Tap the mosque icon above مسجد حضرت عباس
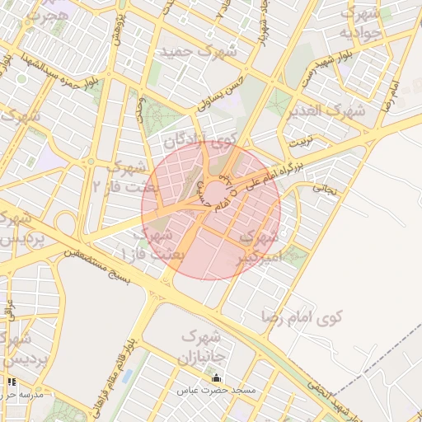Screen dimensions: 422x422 coord(217,379)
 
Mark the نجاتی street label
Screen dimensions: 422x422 coord(324,188)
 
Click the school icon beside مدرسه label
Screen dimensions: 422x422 coord(12,382)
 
